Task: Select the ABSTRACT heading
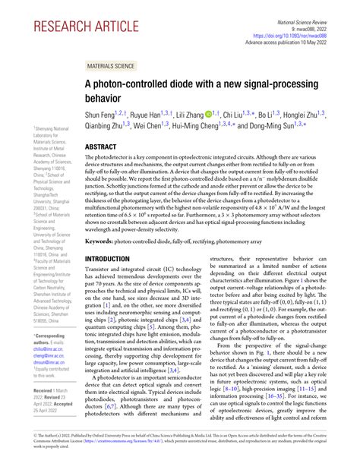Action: [x=106, y=147]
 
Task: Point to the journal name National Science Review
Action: [x=319, y=5]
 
